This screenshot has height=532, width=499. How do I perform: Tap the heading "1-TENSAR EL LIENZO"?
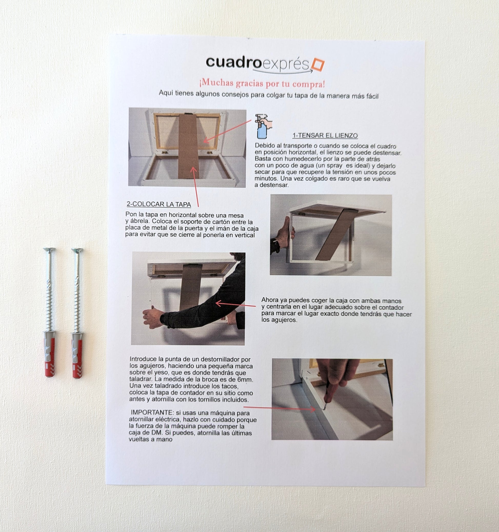325,136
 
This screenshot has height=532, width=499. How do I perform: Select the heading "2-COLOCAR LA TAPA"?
159,204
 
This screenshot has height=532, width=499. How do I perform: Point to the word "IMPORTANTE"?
152,412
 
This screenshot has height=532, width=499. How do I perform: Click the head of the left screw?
49,250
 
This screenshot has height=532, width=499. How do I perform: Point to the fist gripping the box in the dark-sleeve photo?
152,317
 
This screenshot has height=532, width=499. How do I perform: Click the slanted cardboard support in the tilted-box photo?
336,234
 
